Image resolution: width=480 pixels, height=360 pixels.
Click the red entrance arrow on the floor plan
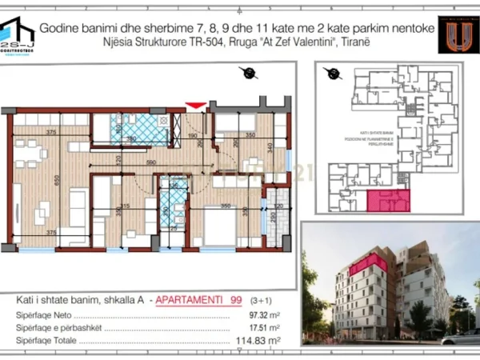click(194, 105)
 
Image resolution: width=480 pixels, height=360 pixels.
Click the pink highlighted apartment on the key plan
click(388, 201)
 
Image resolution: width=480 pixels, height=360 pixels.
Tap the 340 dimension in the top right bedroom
click(271, 147)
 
